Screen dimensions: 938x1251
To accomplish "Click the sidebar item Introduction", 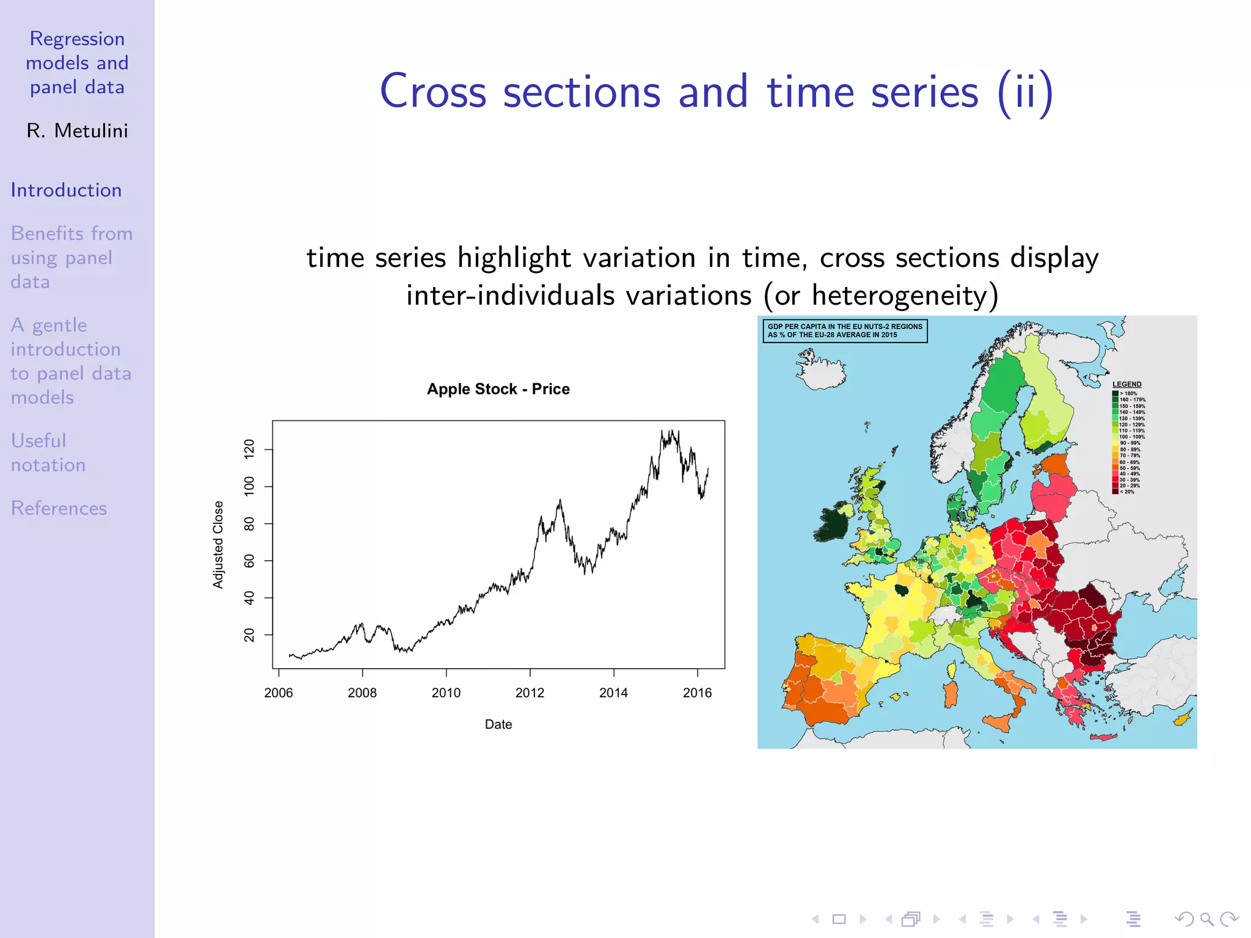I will (x=66, y=190).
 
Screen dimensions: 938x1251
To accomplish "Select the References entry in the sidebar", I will (x=59, y=508).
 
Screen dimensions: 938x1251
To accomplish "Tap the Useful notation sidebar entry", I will (x=48, y=453).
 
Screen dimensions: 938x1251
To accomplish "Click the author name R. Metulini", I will (x=77, y=131).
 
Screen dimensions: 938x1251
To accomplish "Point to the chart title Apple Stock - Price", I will (x=498, y=389).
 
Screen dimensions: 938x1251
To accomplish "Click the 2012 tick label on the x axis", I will (x=530, y=693).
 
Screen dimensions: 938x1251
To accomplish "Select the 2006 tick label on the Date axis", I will (x=279, y=693).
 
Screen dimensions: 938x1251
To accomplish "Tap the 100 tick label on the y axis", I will (x=249, y=487).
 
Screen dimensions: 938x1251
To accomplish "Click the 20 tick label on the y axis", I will (x=249, y=635).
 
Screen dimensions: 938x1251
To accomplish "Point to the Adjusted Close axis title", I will (x=218, y=544).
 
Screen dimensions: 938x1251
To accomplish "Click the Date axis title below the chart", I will (x=498, y=724).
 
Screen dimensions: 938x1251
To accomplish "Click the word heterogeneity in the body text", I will (x=899, y=296).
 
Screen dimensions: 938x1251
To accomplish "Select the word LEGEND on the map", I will (x=1126, y=384).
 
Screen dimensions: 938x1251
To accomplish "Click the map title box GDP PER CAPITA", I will (x=845, y=330).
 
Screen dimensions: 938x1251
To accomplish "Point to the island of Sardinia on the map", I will (x=950, y=694).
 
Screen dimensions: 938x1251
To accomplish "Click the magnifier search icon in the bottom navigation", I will (x=1206, y=918).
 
